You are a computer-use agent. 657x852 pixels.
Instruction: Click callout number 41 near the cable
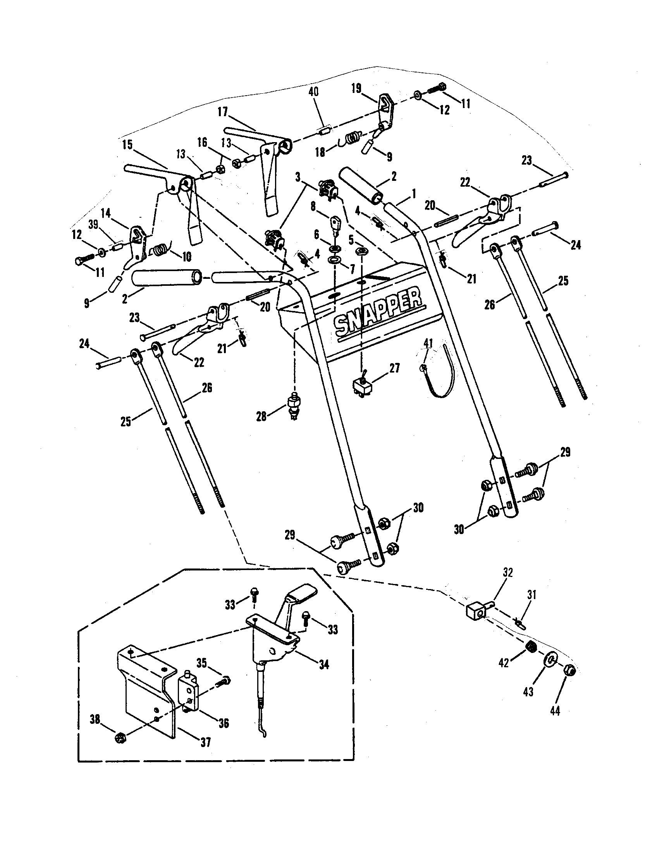point(428,343)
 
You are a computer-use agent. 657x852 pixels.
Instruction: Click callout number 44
point(555,711)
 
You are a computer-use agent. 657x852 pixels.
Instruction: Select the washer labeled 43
point(550,661)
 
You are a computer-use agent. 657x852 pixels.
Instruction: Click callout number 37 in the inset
point(206,742)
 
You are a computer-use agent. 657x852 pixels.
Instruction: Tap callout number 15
point(127,145)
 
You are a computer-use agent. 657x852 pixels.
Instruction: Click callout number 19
point(356,88)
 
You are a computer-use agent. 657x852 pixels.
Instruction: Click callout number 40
point(313,92)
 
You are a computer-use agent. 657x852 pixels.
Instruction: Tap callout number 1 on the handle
point(414,193)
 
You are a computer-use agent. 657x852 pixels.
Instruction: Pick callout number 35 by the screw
point(202,663)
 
